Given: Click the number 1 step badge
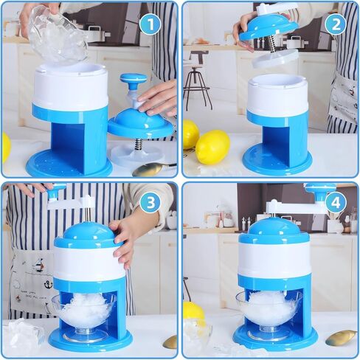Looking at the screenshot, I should point(150,24).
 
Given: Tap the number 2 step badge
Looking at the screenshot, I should point(335,24).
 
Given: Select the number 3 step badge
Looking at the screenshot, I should point(150,202).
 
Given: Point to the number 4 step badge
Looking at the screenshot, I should point(335,202).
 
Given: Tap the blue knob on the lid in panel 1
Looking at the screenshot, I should point(134,80).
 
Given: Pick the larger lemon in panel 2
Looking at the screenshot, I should point(212,146).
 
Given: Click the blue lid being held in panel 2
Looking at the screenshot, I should point(269,27).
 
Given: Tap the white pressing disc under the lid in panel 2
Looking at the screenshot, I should point(275,58).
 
